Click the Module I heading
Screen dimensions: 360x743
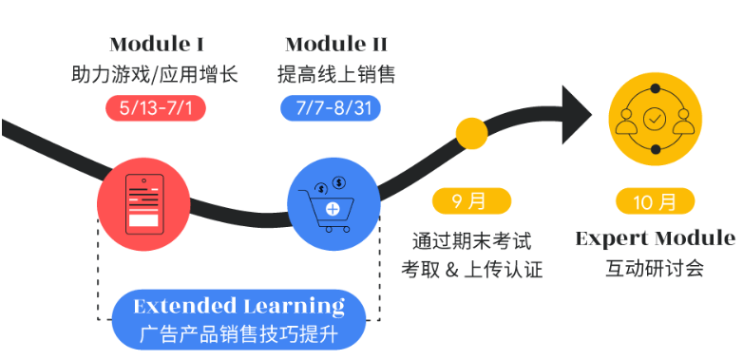point(157,45)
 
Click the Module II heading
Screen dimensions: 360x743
point(336,45)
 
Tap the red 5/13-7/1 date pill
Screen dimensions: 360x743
point(156,107)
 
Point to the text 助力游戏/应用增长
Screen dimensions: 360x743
point(155,74)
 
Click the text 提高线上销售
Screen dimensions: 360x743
point(336,74)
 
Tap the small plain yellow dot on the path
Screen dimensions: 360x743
point(471,134)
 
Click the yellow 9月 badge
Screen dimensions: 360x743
point(471,201)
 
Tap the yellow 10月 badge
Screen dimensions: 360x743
point(655,201)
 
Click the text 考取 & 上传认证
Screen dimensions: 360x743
point(471,270)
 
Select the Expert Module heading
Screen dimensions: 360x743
point(655,237)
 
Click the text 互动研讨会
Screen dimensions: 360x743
point(655,268)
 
